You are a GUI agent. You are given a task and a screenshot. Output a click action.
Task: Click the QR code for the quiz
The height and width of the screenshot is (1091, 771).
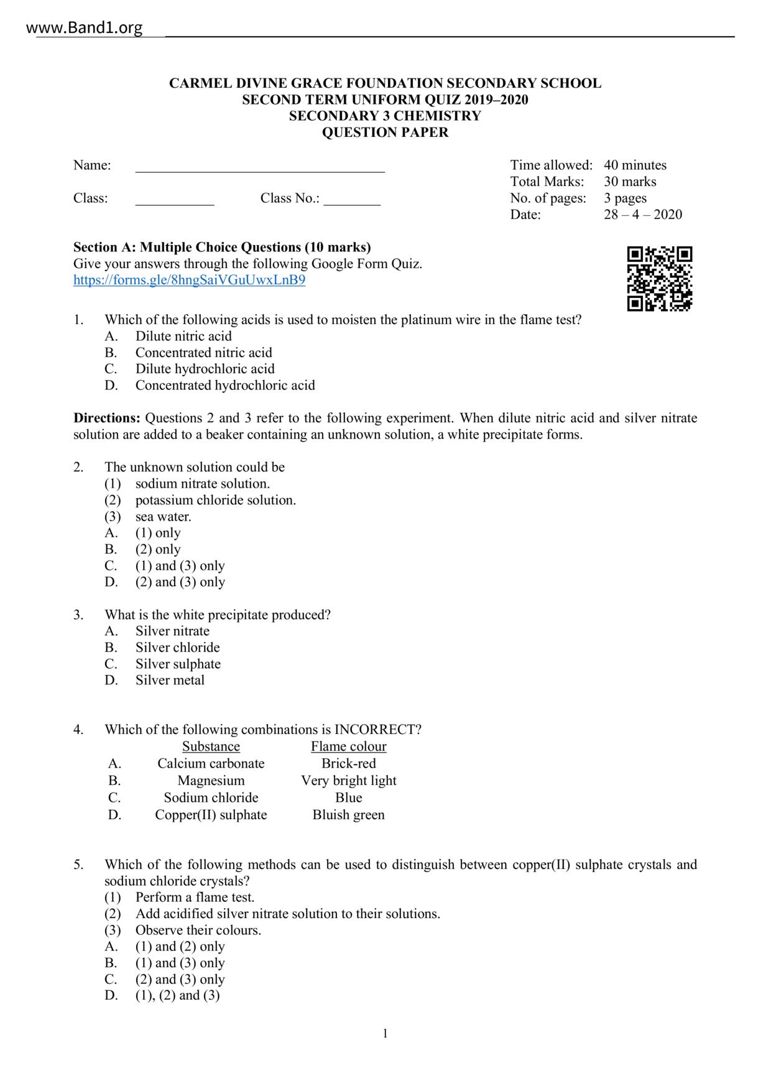tap(659, 278)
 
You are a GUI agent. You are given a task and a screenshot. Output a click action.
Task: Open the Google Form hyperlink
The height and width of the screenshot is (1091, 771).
tap(189, 280)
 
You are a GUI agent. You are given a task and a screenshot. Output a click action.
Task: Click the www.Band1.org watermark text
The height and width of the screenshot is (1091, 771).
tap(85, 28)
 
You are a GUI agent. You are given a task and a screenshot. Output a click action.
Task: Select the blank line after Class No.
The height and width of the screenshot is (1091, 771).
tap(351, 201)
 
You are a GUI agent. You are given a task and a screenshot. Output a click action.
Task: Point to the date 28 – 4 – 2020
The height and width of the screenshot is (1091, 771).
tap(642, 215)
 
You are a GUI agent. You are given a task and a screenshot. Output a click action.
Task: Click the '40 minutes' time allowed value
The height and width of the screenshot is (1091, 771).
tap(635, 165)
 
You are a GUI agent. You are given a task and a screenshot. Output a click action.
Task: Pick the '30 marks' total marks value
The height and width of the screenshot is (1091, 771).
tap(629, 182)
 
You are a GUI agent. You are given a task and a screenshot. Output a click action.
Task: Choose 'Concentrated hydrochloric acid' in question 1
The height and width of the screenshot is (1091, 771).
tap(225, 386)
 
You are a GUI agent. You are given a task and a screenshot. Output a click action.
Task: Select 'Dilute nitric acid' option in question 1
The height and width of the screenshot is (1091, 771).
tap(183, 337)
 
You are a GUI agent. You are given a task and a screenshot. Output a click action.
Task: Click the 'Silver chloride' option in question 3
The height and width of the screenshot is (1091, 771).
tap(177, 648)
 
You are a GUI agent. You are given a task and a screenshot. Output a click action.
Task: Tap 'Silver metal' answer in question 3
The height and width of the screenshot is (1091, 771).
tap(170, 680)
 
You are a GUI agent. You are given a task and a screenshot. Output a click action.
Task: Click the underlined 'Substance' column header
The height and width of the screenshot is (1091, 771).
tap(211, 746)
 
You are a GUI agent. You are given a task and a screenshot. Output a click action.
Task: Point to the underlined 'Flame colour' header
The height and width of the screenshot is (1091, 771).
tap(348, 746)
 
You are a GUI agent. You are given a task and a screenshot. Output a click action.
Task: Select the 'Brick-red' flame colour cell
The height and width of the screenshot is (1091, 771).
tap(348, 763)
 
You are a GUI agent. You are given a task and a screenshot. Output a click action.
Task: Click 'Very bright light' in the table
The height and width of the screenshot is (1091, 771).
tap(348, 781)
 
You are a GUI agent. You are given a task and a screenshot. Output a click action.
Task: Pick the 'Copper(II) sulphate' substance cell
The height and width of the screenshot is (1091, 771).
tap(211, 815)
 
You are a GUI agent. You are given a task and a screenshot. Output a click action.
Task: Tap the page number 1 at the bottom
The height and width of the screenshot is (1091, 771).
tap(385, 1034)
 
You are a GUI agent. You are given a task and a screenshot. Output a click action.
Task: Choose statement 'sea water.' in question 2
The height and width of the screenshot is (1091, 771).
tap(163, 517)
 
